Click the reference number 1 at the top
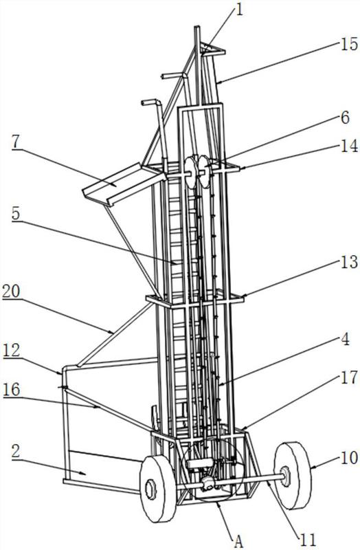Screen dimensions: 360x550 pyautogui.click(x=239, y=10)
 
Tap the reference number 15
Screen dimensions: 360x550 pyautogui.click(x=348, y=45)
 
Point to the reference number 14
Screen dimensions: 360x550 pyautogui.click(x=348, y=145)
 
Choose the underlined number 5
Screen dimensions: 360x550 pyautogui.click(x=16, y=214)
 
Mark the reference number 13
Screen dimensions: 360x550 pyautogui.click(x=348, y=262)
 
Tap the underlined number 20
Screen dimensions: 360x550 pyautogui.click(x=11, y=291)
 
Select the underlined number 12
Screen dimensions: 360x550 pyautogui.click(x=11, y=351)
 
